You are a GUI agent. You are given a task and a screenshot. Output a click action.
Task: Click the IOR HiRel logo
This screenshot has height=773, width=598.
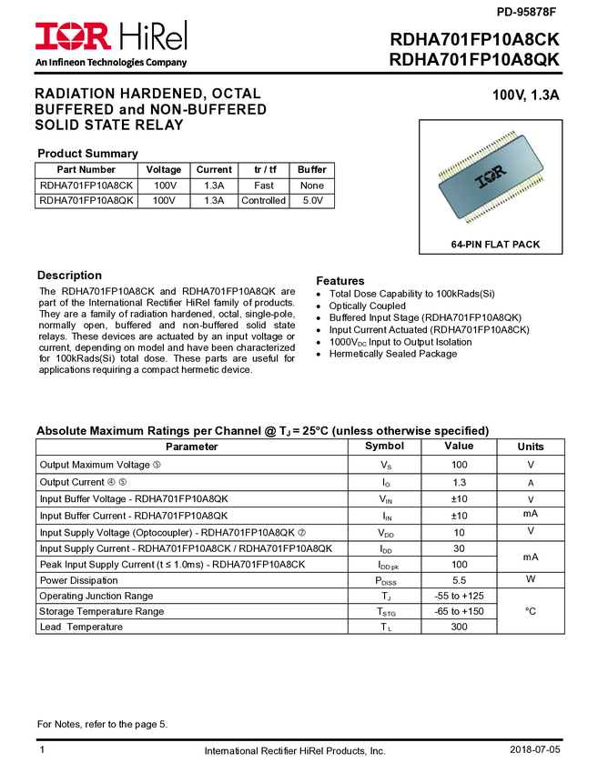tap(111, 37)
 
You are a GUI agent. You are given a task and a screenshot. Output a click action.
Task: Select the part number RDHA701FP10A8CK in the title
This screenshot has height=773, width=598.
tap(474, 41)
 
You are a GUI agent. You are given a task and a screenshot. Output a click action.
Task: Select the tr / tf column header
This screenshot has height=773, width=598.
tap(263, 169)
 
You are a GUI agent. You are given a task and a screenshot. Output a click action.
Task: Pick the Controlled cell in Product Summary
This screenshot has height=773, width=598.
tap(263, 200)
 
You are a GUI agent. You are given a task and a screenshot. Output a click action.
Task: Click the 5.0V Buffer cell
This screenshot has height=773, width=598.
tap(312, 200)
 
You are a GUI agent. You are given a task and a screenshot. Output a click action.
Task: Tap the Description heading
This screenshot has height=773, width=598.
tap(69, 276)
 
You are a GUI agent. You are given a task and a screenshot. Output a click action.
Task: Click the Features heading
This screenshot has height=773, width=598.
tap(340, 281)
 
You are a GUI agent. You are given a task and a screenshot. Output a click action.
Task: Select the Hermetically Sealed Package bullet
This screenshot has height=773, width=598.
tap(393, 354)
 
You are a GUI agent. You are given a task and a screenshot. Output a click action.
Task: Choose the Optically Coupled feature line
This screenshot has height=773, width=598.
tap(368, 306)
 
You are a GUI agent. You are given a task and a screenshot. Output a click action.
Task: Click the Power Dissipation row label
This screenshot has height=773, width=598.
tap(79, 580)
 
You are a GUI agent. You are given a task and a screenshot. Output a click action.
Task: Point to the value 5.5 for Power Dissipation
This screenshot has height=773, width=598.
tap(459, 580)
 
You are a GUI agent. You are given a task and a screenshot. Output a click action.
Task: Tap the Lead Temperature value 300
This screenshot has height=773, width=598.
tap(459, 627)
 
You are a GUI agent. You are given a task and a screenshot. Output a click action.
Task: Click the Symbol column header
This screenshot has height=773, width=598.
tap(384, 447)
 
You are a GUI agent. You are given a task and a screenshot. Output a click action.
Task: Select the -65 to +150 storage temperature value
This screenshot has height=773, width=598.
tap(459, 611)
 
